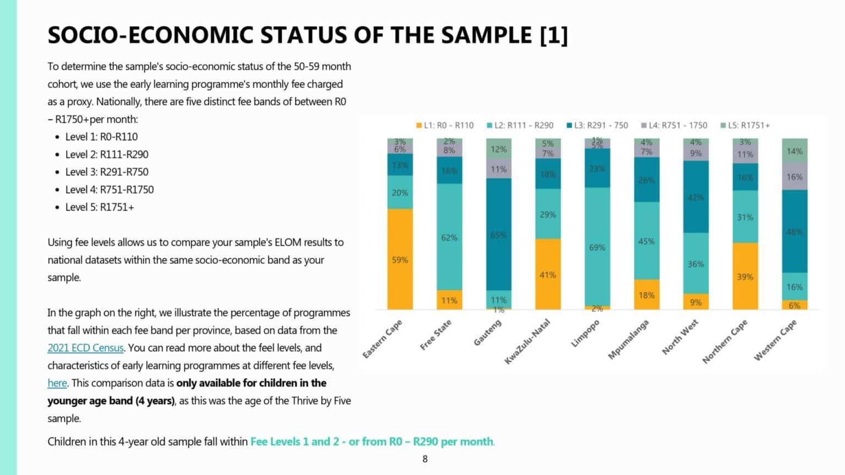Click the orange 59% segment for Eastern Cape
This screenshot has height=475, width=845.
(400, 259)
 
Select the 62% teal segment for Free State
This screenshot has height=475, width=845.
(449, 237)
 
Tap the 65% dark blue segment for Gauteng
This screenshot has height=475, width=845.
(498, 234)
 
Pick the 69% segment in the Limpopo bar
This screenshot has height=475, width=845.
(597, 247)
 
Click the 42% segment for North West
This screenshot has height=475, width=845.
(695, 197)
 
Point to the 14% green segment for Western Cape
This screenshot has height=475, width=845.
(794, 151)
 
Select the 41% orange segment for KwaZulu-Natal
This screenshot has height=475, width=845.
(547, 274)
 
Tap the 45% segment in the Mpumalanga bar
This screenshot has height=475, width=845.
(646, 241)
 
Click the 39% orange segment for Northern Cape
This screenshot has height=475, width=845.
(745, 276)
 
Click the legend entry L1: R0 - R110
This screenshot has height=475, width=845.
(445, 125)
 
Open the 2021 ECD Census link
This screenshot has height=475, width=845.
(85, 348)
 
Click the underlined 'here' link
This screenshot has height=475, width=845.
(57, 383)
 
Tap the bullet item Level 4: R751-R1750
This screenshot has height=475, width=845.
(109, 190)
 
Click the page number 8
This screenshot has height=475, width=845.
(425, 459)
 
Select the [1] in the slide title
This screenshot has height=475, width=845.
(553, 35)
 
